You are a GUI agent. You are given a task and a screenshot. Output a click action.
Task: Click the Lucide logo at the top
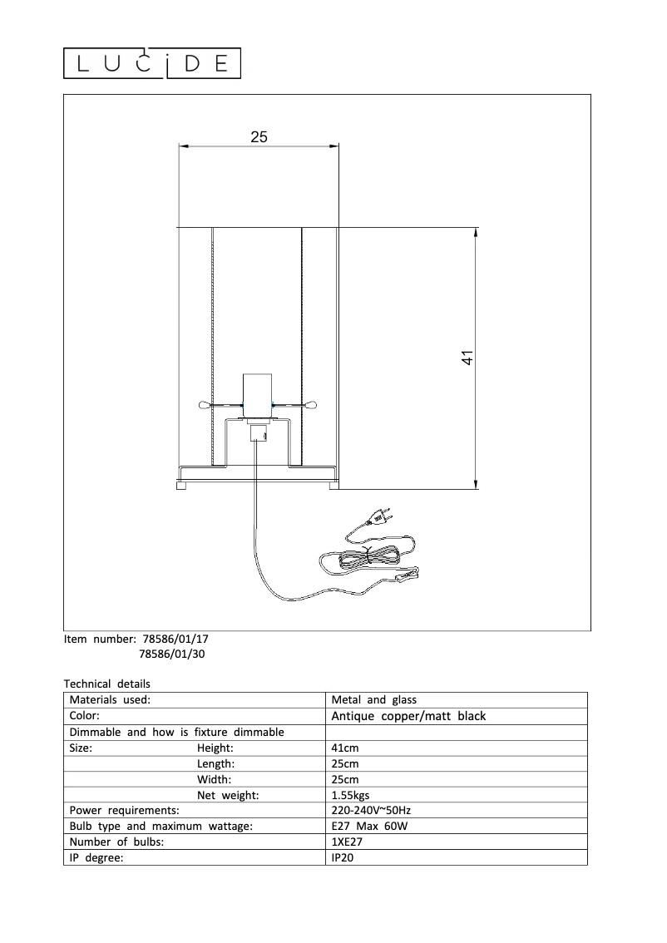152,63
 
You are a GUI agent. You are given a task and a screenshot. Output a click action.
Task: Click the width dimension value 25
259,137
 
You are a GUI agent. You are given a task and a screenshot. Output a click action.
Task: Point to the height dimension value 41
467,358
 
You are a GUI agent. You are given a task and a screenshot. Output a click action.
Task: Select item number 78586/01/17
175,639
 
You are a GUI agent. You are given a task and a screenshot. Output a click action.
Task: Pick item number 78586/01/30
172,654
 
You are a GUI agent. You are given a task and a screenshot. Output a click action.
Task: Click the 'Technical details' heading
107,684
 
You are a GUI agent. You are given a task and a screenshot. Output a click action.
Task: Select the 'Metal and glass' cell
374,700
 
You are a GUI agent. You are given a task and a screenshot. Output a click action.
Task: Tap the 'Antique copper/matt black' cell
408,716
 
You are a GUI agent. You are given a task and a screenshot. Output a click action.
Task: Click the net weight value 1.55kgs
351,796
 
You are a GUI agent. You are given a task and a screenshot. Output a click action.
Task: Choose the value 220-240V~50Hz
371,811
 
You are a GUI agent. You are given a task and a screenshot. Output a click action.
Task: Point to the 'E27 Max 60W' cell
369,827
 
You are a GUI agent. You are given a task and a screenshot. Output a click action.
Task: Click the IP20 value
343,858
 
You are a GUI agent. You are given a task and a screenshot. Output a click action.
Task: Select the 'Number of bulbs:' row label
116,842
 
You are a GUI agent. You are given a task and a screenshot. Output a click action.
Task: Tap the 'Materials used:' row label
110,700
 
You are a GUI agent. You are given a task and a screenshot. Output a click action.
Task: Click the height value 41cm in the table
345,748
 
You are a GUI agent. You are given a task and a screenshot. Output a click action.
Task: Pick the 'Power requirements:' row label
125,811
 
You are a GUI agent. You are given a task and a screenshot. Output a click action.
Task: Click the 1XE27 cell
347,842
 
